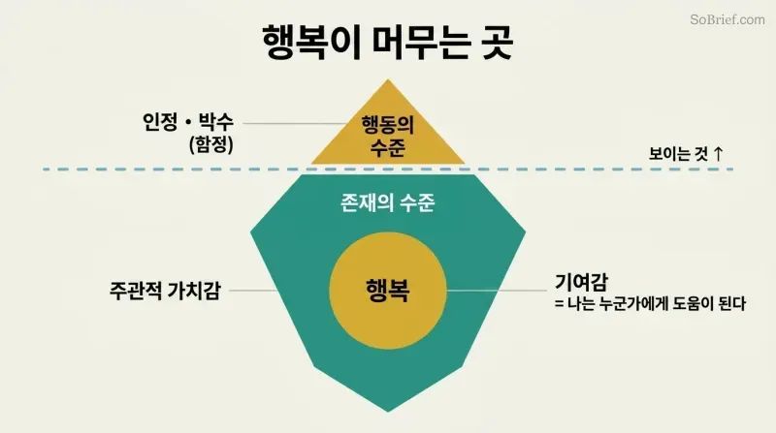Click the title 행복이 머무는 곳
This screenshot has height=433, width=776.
coord(387,43)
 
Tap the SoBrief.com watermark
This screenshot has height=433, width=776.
coord(727,19)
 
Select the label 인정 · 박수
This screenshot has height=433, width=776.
coord(188,121)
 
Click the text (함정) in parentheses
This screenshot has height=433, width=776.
coord(211,144)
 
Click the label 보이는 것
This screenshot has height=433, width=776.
coord(678,153)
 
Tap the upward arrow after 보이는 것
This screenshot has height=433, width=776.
coord(718,153)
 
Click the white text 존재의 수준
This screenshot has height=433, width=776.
coord(388,202)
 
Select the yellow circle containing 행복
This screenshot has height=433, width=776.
coord(388,291)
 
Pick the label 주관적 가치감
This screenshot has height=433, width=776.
coord(165,291)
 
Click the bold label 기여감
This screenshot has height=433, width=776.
coord(581,282)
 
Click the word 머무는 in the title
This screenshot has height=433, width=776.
coord(420,43)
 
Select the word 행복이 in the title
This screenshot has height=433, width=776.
coord(311,43)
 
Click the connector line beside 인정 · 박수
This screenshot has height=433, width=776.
coord(295,124)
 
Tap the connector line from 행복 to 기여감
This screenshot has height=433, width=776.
coord(497,291)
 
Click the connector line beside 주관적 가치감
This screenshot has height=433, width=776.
coord(253,291)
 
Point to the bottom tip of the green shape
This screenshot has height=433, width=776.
coord(388,412)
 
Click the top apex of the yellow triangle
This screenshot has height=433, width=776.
coord(388,79)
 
